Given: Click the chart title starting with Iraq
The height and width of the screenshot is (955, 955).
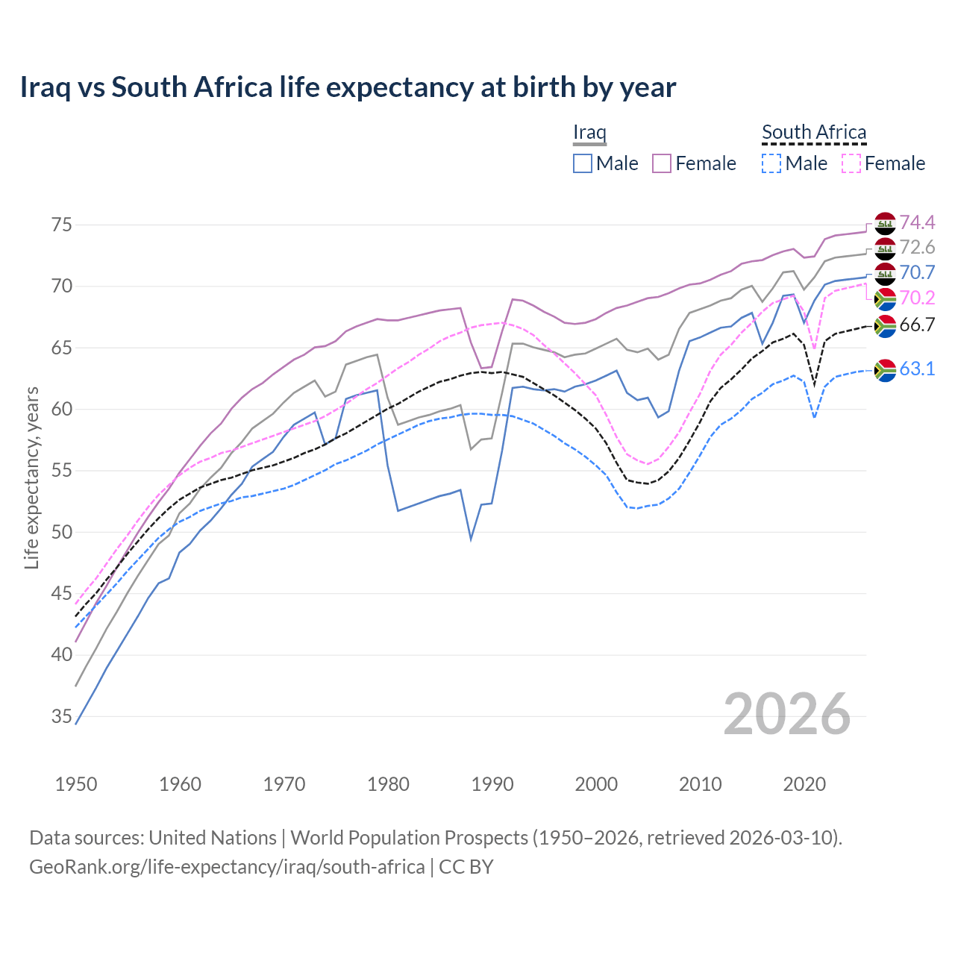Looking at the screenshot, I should tap(348, 87).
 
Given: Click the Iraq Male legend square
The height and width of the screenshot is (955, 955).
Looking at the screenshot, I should tap(583, 163).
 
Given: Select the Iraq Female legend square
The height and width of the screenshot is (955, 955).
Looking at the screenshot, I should tap(662, 163).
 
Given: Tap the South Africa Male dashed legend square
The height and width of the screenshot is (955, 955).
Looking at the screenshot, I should tap(771, 163).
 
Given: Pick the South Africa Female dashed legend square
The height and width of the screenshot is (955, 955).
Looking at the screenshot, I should tap(851, 163).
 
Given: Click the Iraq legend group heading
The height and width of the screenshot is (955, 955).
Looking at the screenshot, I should tap(589, 133).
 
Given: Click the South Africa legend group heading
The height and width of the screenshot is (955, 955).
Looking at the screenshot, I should tap(814, 133).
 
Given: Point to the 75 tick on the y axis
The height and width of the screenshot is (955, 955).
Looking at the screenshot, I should tap(62, 225).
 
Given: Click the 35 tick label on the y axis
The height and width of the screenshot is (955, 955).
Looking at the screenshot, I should tap(62, 717).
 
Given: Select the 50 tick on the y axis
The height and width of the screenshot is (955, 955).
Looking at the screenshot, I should tap(62, 533).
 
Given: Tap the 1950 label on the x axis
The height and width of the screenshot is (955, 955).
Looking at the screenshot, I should tap(76, 784).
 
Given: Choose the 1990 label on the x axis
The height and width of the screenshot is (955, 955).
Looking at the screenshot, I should tap(492, 784).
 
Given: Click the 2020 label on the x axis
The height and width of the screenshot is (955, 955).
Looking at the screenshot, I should tap(804, 784).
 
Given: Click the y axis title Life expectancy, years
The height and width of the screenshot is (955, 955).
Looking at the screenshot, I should tap(31, 477).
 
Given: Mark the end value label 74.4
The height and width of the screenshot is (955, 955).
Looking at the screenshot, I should tap(917, 223).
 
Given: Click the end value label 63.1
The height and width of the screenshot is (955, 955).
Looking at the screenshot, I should tap(917, 369).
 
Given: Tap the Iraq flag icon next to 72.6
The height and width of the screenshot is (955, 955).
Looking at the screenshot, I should tap(885, 248).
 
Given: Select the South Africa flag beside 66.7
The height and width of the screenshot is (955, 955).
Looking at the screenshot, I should tap(885, 326).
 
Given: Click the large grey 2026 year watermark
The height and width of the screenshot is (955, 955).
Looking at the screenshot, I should tap(787, 715).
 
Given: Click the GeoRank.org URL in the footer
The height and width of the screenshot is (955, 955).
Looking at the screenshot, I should tap(227, 867).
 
